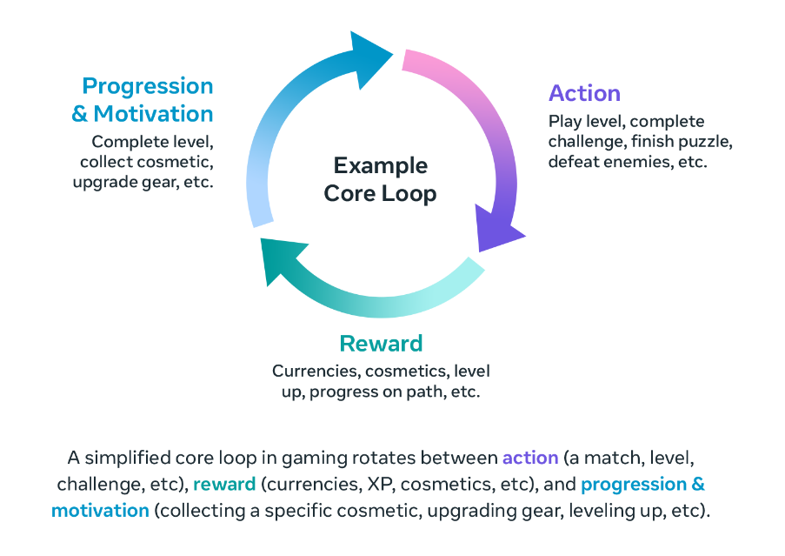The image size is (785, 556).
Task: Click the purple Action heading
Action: point(584,93)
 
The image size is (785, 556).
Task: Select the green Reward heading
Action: point(381,344)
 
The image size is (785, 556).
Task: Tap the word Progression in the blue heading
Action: point(148,87)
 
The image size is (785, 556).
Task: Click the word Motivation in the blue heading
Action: point(153,114)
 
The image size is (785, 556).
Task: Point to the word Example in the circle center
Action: point(381,165)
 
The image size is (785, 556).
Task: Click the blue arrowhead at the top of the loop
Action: point(369,58)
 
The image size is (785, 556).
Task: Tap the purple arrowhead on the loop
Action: point(497,227)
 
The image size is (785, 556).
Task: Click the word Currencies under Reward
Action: point(315,372)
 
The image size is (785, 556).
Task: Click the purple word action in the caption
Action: point(530,458)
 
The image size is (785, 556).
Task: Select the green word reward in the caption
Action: point(224,485)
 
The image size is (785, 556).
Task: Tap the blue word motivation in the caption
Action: point(100,511)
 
